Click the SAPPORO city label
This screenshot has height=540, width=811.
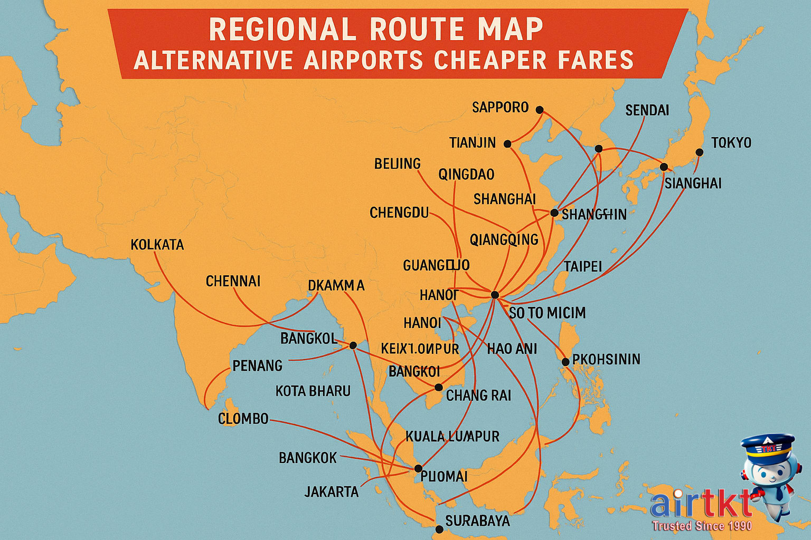coord(500,108)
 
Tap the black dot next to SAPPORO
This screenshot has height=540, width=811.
coord(539,110)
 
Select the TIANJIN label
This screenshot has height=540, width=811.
coord(473,143)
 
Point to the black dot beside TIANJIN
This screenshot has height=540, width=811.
coord(507,143)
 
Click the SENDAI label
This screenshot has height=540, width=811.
coord(647,110)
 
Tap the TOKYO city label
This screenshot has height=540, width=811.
coord(731,142)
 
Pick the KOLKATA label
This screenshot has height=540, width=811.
coord(157,245)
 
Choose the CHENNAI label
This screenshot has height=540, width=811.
coord(233,281)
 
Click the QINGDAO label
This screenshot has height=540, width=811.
coord(466,174)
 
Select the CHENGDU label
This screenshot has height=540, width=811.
coord(399,213)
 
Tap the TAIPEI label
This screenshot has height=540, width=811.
coord(583,266)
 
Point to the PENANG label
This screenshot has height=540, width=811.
coord(257,365)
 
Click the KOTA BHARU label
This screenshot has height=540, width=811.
coord(313,391)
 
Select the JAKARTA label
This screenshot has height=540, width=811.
coord(332,492)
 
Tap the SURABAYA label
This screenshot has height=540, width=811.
coord(477,521)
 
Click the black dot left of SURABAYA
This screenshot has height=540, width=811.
coord(439,529)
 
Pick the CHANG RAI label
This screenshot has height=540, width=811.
coord(478,396)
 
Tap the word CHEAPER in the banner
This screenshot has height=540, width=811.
coord(491,60)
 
